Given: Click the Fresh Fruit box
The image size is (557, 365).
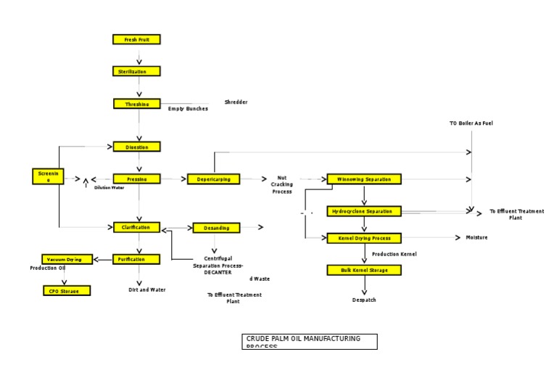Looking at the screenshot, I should click(x=136, y=39).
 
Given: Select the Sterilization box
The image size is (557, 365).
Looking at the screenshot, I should click(x=136, y=71).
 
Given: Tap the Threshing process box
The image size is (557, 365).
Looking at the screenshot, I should click(x=136, y=104).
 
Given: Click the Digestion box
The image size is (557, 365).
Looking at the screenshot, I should click(x=136, y=147).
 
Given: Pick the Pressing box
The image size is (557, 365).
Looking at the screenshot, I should click(x=136, y=179).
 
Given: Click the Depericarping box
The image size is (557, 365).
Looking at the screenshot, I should click(x=213, y=179).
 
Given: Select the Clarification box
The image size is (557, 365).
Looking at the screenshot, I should click(x=136, y=227).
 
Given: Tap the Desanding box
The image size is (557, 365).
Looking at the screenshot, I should click(x=216, y=228).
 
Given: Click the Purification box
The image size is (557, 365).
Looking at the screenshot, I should click(x=136, y=259).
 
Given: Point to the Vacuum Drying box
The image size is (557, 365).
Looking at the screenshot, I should click(x=67, y=259).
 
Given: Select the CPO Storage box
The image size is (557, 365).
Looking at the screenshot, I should click(x=67, y=291).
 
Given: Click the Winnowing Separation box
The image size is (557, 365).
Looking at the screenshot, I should click(x=363, y=179).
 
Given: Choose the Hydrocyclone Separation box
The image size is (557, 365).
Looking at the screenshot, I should click(x=363, y=211).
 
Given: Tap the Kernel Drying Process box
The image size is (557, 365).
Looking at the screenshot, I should click(x=363, y=238).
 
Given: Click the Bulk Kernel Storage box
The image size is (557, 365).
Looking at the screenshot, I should click(x=363, y=270).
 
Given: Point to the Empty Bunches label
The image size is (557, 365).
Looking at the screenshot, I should click(x=188, y=109).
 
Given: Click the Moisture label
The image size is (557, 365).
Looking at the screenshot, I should click(x=476, y=237).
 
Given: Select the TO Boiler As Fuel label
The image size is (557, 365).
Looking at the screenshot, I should click(x=471, y=123).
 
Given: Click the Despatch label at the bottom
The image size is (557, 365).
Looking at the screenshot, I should click(x=364, y=300).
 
